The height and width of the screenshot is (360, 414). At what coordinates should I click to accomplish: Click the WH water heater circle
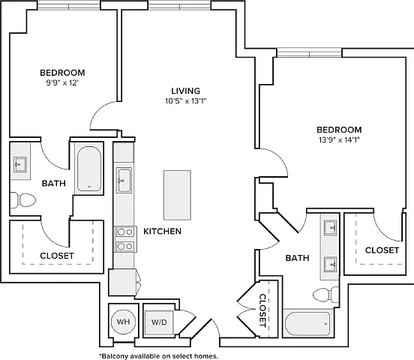(123, 322)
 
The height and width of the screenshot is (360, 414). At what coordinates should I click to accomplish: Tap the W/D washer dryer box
(159, 322)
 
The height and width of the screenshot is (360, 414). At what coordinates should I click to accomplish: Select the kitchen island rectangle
(177, 195)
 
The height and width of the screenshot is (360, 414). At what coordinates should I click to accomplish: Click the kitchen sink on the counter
(124, 180)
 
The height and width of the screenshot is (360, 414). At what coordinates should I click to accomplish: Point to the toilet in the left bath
(22, 200)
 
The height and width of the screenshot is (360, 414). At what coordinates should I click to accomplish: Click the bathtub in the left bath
(89, 169)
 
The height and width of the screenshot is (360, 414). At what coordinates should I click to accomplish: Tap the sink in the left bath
(20, 164)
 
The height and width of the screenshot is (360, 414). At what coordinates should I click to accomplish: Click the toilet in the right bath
(325, 295)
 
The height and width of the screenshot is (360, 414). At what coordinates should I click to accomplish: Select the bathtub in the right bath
(307, 323)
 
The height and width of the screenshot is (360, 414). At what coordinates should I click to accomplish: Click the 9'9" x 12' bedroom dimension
(63, 83)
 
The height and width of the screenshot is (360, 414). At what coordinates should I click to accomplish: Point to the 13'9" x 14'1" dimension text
(339, 139)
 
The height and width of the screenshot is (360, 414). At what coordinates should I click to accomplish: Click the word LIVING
(185, 91)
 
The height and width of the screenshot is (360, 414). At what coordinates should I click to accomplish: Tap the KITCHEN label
(163, 231)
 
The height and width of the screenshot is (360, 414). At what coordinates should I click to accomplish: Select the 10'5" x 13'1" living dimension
(185, 101)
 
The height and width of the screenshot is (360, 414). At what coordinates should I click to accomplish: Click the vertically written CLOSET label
(262, 310)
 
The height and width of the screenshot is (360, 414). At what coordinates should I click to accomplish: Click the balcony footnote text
(159, 356)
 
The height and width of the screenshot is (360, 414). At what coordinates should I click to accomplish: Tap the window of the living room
(179, 5)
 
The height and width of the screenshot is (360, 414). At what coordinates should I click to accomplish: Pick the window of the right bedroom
(309, 52)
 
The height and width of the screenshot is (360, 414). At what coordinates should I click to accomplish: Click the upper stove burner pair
(125, 232)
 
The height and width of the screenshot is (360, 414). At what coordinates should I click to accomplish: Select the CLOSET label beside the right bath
(382, 250)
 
